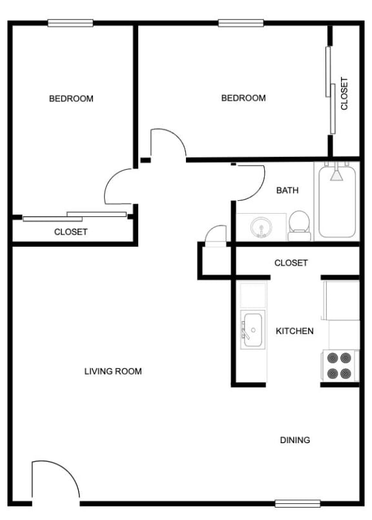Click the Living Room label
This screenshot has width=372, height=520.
pyautogui.click(x=113, y=371)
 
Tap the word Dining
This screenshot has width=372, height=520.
pyautogui.click(x=294, y=440)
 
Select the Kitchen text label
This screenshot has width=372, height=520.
pyautogui.click(x=294, y=331)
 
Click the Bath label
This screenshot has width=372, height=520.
pyautogui.click(x=287, y=191)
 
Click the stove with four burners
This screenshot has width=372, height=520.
pyautogui.click(x=340, y=366)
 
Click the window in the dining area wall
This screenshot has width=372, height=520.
pyautogui.click(x=297, y=503)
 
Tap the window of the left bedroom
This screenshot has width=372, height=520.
pyautogui.click(x=70, y=23)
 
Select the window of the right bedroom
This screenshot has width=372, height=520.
pyautogui.click(x=241, y=23)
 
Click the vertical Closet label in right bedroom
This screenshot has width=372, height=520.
pyautogui.click(x=344, y=94)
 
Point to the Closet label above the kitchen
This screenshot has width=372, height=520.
pyautogui.click(x=291, y=263)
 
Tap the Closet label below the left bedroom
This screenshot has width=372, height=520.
pyautogui.click(x=70, y=232)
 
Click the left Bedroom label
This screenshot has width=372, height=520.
pyautogui.click(x=71, y=99)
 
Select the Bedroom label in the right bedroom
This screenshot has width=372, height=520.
pyautogui.click(x=243, y=98)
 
